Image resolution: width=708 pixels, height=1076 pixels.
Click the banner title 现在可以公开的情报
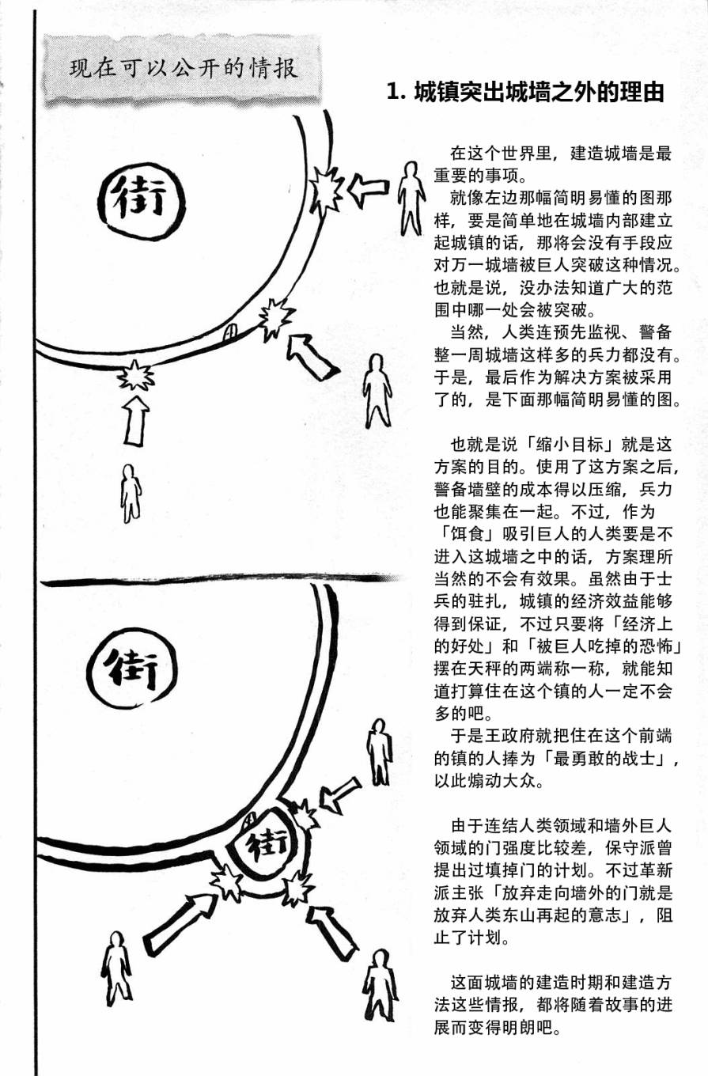(x=184, y=69)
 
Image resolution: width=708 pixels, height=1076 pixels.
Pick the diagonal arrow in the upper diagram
(x=311, y=357)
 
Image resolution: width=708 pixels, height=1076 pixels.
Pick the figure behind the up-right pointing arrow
(x=115, y=967)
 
